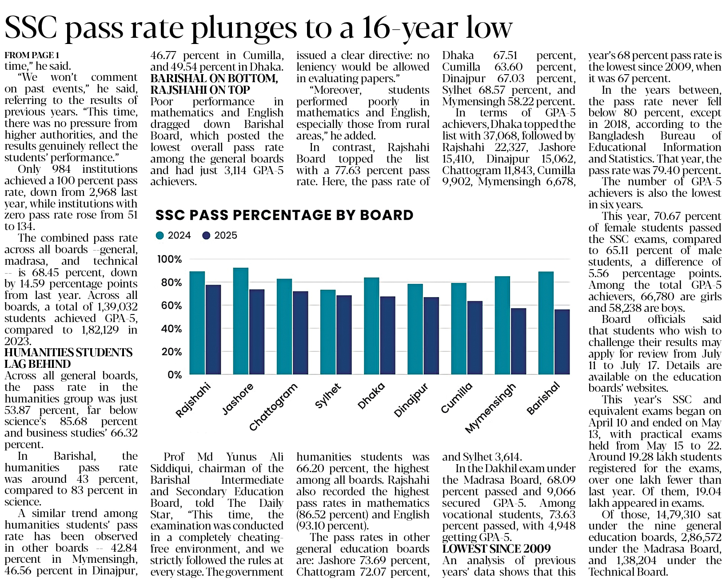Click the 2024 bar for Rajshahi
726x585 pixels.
click(197, 323)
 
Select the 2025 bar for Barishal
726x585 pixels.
click(562, 342)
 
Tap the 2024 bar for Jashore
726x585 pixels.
click(241, 321)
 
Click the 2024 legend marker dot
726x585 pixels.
click(160, 235)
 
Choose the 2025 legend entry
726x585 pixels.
click(220, 235)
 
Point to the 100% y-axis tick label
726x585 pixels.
click(170, 259)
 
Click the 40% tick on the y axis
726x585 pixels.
click(171, 329)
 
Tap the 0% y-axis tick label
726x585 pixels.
click(174, 375)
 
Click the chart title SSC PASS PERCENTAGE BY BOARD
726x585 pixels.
click(284, 215)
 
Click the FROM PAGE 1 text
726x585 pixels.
click(32, 55)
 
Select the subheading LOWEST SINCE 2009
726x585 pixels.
click(496, 549)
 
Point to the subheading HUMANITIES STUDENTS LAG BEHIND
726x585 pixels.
click(68, 358)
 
